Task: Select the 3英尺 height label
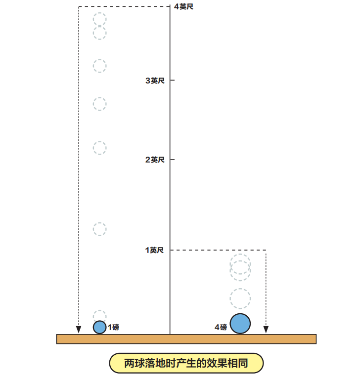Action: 155,80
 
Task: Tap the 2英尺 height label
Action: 155,160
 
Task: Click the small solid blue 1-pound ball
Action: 100,327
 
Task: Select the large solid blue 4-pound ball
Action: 240,324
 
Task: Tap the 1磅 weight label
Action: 113,327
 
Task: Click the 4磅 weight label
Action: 221,327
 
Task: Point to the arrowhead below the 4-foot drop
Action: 79,330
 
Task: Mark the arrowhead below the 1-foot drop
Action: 266,330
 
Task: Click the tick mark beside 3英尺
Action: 173,80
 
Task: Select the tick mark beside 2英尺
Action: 173,160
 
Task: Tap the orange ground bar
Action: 186,339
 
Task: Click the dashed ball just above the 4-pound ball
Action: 240,298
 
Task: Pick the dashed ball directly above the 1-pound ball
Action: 100,315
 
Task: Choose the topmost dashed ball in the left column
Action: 99,19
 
